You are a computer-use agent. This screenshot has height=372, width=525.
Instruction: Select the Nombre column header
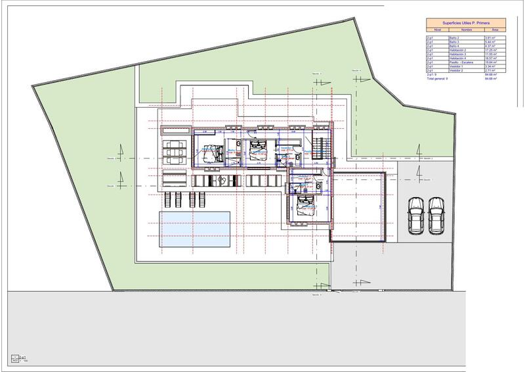coord(467,30)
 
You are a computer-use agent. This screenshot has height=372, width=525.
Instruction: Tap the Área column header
coord(495,30)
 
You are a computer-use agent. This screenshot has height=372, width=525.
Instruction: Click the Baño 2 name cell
coord(453,39)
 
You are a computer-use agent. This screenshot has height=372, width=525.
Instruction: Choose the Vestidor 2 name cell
coord(456,70)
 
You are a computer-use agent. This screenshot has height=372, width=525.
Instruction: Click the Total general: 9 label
coord(438,78)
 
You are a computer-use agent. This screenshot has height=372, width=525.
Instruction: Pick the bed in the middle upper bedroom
coord(257,151)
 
